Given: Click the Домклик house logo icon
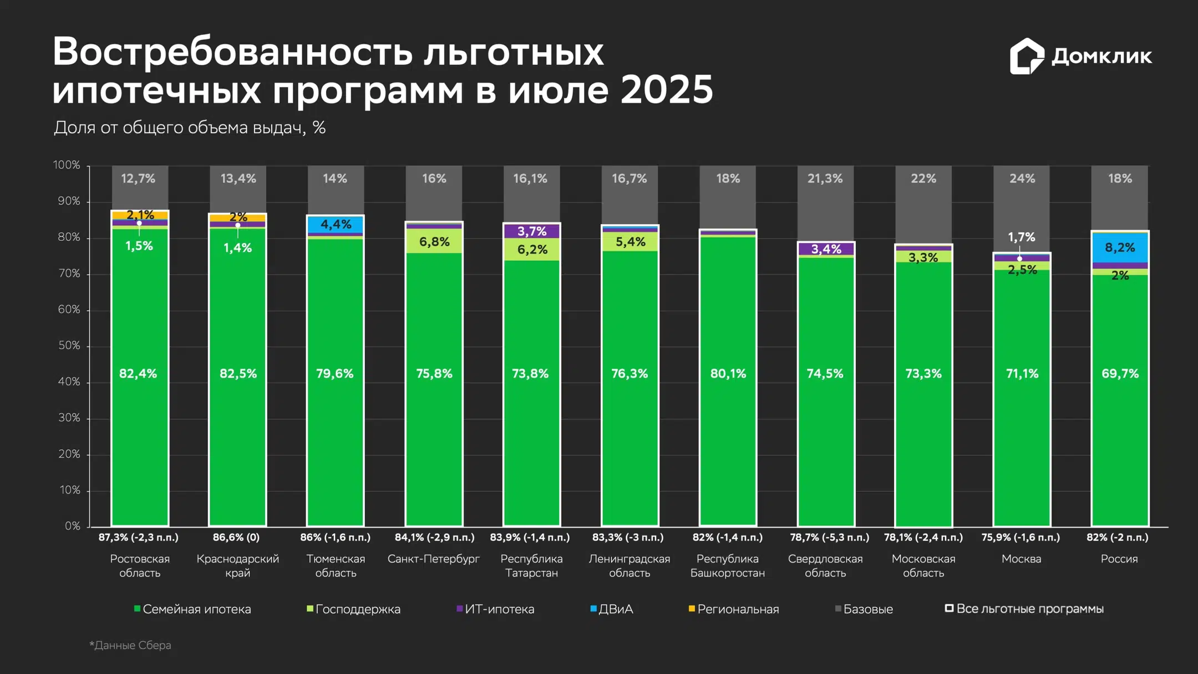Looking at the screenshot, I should coord(1026,56).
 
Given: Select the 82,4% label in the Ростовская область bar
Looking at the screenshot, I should coord(138,374).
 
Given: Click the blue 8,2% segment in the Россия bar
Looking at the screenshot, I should coord(1120,247).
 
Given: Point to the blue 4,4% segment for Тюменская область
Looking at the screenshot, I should coord(336,224).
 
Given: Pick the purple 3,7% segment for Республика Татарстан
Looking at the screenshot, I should coord(531,231).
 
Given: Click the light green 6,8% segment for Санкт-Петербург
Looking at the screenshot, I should coord(434,241).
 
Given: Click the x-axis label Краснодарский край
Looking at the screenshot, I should coord(237,565).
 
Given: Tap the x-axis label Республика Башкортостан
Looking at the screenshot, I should coord(727,565).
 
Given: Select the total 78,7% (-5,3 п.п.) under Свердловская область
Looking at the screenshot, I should coord(829,537).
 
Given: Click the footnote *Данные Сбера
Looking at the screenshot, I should coord(130,645).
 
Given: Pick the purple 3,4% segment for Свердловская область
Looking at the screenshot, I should coord(826,249).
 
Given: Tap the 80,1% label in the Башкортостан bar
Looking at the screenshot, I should coord(728,374).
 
